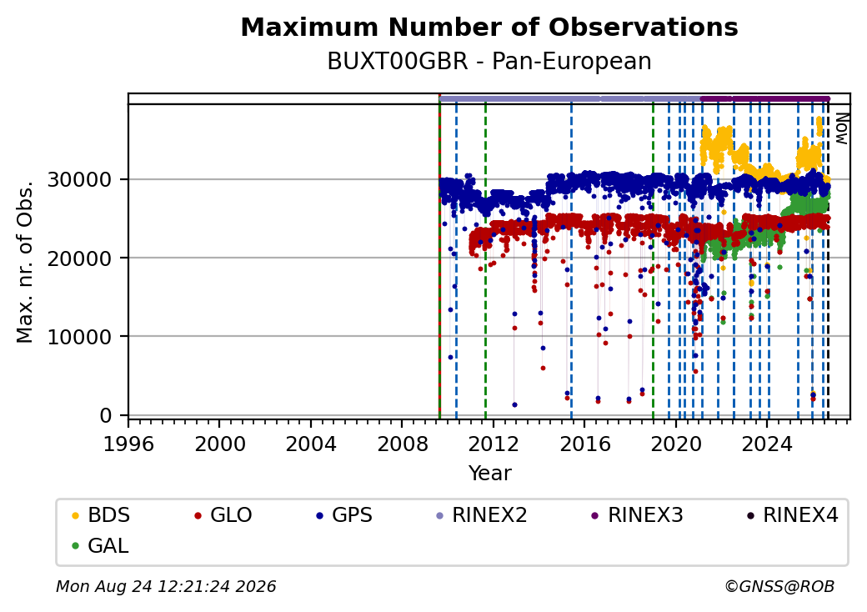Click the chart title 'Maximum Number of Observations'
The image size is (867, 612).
point(489,27)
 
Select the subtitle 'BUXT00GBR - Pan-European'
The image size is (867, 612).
point(489,62)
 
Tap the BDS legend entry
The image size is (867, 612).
point(101,515)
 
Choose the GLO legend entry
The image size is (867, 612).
point(223,515)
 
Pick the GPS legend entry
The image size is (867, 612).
point(344,515)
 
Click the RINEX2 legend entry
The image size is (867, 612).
point(482,515)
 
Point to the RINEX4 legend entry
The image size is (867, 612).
point(792,515)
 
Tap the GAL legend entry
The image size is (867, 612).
point(101,545)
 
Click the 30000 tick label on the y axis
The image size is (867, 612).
point(80,179)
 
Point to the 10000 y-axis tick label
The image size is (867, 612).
point(80,337)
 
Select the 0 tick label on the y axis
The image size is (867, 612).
point(106,415)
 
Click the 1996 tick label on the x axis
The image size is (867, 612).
point(128,444)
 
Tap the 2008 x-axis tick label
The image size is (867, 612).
point(402,444)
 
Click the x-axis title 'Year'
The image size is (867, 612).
point(490,474)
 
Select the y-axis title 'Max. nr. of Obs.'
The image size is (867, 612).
point(25,262)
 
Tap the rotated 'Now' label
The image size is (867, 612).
point(841,128)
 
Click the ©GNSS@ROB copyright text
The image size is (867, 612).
point(779,586)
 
